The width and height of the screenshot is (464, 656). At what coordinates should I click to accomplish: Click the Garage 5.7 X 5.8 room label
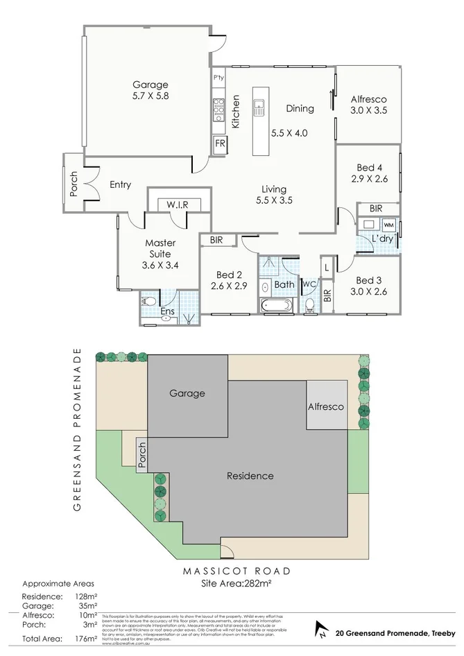coord(151,91)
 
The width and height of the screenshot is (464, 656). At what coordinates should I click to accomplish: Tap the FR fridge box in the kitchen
coord(220,144)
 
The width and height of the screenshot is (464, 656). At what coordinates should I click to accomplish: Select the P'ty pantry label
coord(218,77)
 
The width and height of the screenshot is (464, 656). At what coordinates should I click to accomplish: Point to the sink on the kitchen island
coord(260,107)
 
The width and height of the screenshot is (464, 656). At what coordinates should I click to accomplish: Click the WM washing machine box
coord(388,225)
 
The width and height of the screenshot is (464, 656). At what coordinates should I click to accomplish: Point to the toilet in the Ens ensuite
coord(148,302)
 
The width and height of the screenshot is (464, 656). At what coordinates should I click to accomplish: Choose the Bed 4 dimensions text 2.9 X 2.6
coord(369,179)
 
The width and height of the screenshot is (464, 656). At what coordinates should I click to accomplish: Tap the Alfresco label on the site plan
coord(326,407)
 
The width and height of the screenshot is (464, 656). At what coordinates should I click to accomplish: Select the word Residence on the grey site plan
coord(250,476)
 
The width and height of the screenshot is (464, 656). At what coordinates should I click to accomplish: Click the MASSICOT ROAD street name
coord(237,571)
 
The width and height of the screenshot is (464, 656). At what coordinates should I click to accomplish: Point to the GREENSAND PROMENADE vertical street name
coord(78,433)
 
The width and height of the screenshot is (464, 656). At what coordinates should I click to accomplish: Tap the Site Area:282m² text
coord(235,584)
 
